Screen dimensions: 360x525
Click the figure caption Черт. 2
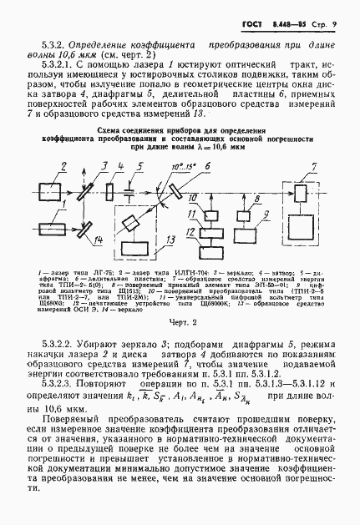181,321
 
